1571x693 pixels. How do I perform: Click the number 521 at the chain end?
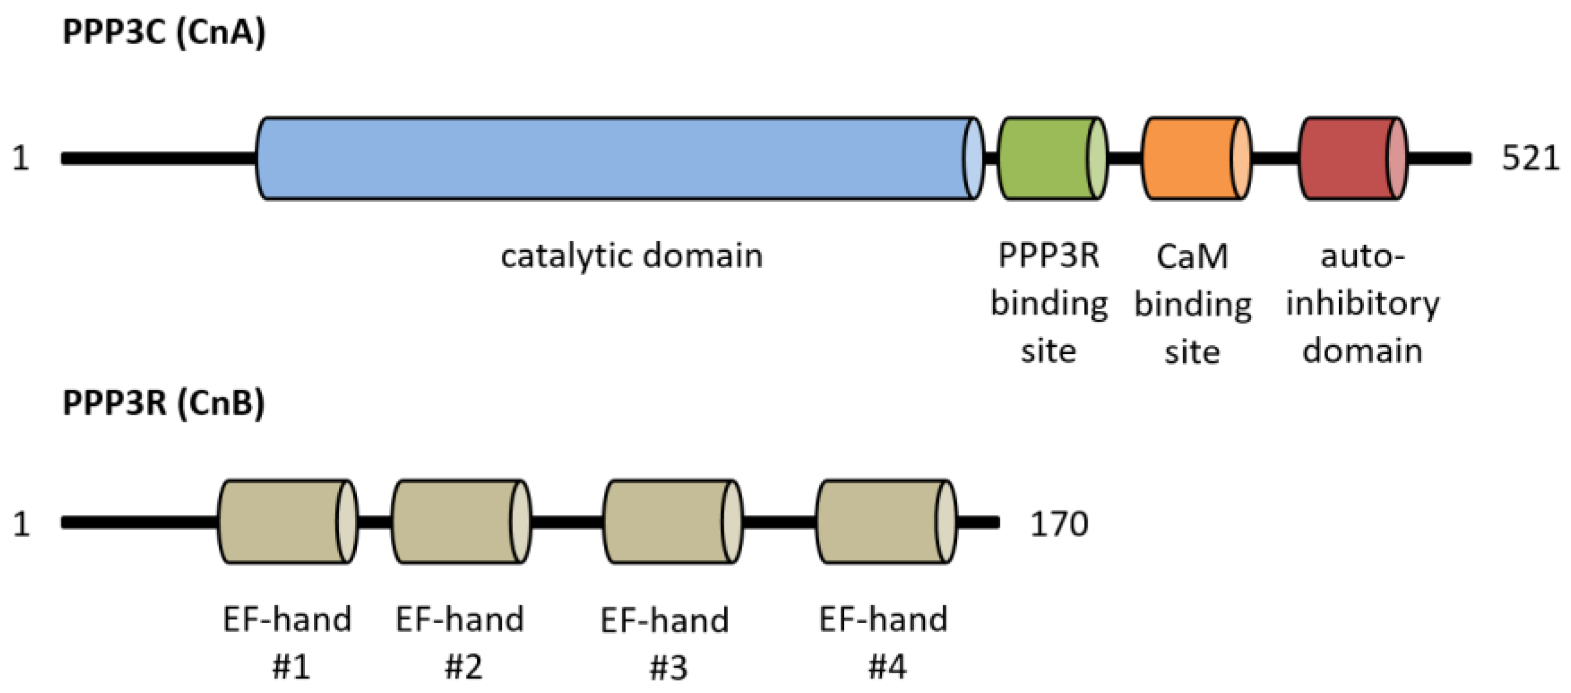[1529, 159]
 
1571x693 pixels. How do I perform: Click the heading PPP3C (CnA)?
[164, 32]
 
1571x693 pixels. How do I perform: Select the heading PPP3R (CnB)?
[163, 403]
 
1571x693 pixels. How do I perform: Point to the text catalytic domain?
[631, 255]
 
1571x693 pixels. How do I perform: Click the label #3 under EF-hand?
[668, 667]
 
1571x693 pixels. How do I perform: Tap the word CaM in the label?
[1192, 256]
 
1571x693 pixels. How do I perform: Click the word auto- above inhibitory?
[1362, 256]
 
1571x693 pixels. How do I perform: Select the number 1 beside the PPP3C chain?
[21, 159]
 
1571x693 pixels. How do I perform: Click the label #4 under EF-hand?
[887, 666]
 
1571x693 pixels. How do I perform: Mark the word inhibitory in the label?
[1362, 303]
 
